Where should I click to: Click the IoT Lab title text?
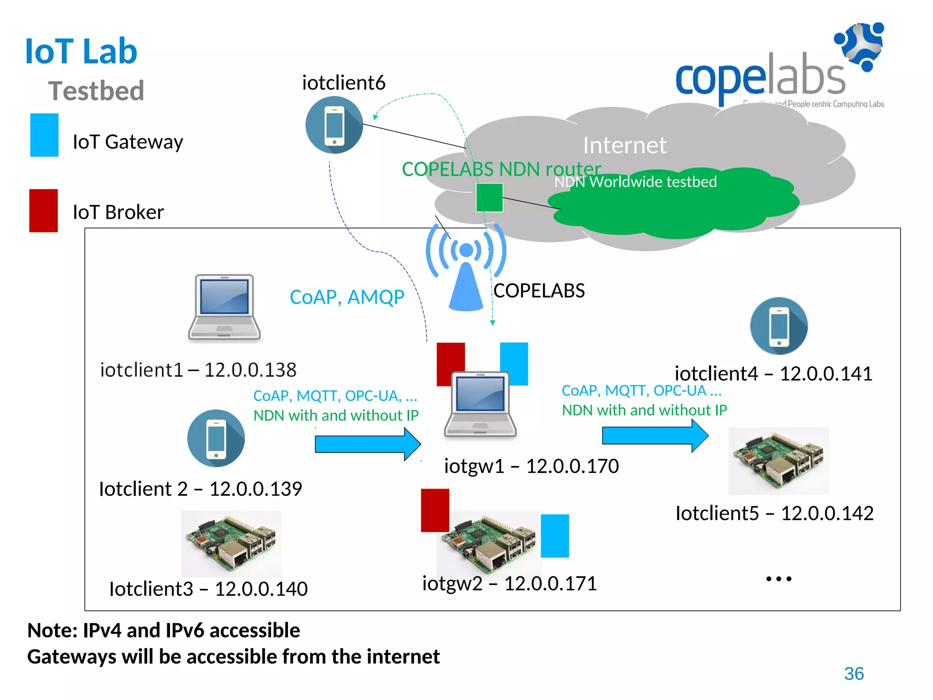pyautogui.click(x=81, y=51)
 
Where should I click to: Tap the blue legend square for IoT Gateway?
pyautogui.click(x=44, y=135)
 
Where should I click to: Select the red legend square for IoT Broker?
pyautogui.click(x=44, y=211)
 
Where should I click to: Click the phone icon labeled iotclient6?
pyautogui.click(x=334, y=125)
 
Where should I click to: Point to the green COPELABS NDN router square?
pyautogui.click(x=489, y=197)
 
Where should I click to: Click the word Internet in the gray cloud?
pyautogui.click(x=625, y=145)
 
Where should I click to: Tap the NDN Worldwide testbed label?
pyautogui.click(x=635, y=182)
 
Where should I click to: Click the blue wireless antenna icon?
pyautogui.click(x=466, y=269)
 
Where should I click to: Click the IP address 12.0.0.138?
pyautogui.click(x=250, y=370)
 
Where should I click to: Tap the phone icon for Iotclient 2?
pyautogui.click(x=216, y=438)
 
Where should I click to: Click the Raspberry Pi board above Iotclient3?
pyautogui.click(x=231, y=543)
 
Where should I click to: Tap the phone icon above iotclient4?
pyautogui.click(x=779, y=326)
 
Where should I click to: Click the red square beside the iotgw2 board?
pyautogui.click(x=435, y=510)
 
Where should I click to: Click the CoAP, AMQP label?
pyautogui.click(x=347, y=297)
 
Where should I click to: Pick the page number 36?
pyautogui.click(x=854, y=673)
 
